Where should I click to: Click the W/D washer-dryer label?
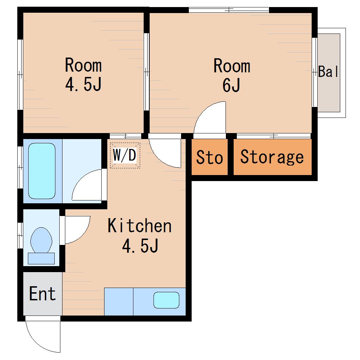coord(125,155)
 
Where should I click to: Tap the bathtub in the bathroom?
coord(42,171)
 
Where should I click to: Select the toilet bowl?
coord(41,240)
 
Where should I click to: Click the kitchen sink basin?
coord(166,300)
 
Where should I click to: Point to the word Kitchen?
coord(140,226)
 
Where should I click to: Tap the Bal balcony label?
coord(328,71)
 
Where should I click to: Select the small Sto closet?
coord(210,157)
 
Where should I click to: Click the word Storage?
coord(272,157)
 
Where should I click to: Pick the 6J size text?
coord(232,85)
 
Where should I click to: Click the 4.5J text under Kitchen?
coord(140,246)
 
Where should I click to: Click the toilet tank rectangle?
coord(41,258)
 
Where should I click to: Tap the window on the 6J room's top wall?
coord(229,10)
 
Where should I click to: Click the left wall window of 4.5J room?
coord(20,74)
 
